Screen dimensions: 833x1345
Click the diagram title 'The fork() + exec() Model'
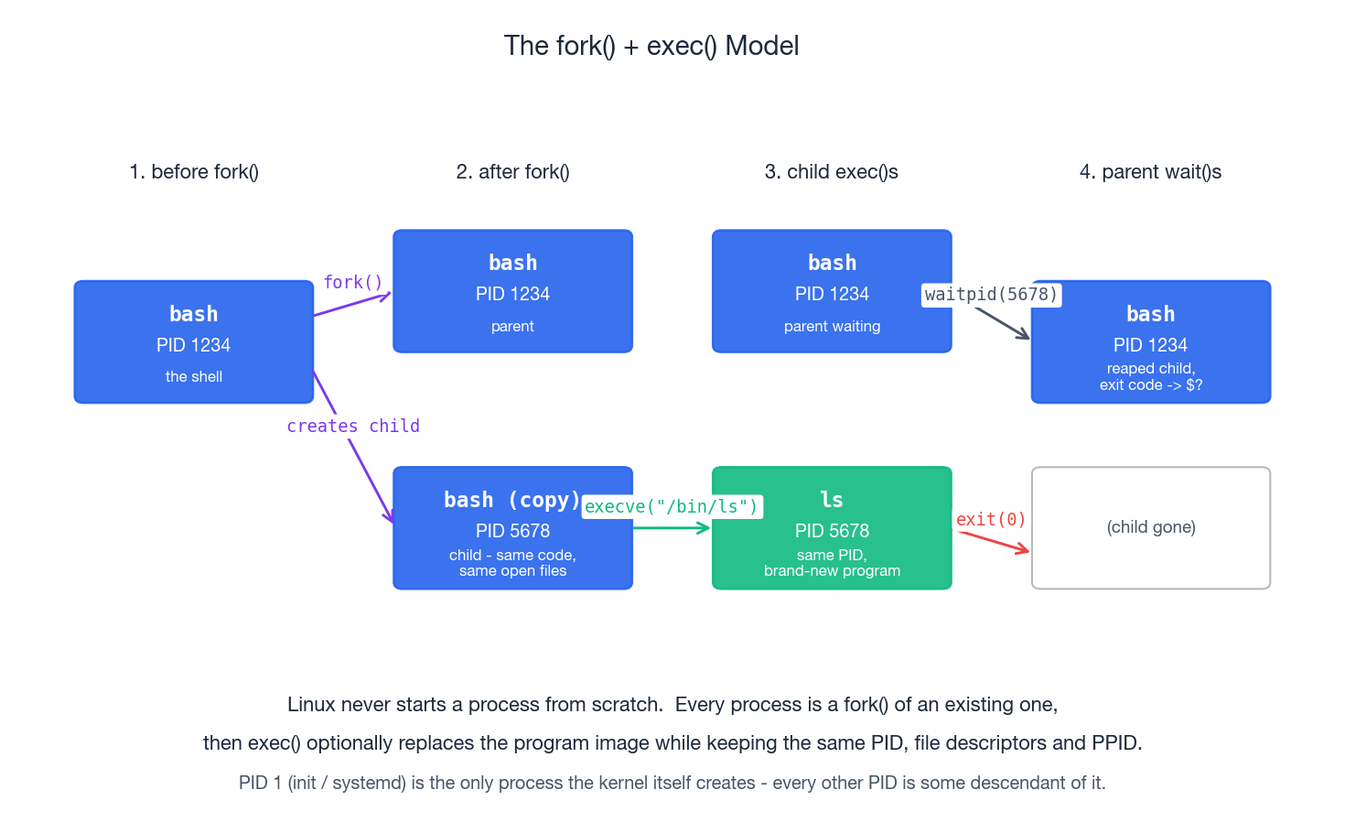651,46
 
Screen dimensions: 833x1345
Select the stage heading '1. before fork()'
194,172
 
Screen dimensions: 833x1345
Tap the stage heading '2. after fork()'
512,172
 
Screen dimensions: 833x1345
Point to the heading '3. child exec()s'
831,172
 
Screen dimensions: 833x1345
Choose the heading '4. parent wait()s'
1150,172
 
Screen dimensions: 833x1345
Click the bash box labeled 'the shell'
194,341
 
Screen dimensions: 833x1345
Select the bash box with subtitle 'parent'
512,291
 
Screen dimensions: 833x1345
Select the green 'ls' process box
832,528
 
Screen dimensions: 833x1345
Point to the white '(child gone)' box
1151,528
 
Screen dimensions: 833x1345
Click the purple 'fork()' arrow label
353,282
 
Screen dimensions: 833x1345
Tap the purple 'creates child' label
353,426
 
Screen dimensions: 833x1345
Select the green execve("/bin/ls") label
672,506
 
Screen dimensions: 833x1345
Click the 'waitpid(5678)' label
991,294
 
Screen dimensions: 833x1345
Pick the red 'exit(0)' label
991,519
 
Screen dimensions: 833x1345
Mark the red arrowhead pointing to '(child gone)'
1023,549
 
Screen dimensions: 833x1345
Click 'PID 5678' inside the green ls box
832,531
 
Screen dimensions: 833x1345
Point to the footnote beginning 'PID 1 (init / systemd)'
672,783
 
